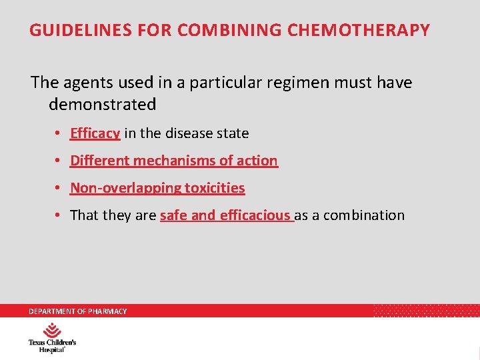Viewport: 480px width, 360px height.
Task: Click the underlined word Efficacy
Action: [95, 133]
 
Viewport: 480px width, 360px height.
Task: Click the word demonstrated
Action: [102, 105]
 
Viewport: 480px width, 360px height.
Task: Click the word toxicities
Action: [215, 188]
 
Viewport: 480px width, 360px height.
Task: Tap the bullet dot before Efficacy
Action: [59, 133]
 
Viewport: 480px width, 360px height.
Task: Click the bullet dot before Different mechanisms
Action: [59, 161]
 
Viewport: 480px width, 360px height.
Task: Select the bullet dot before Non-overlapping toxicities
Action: [59, 188]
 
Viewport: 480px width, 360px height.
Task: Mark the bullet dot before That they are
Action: [59, 215]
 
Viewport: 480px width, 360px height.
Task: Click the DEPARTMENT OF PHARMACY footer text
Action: [77, 311]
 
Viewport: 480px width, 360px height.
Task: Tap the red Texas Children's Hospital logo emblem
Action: [52, 330]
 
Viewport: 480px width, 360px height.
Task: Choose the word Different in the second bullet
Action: [100, 161]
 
